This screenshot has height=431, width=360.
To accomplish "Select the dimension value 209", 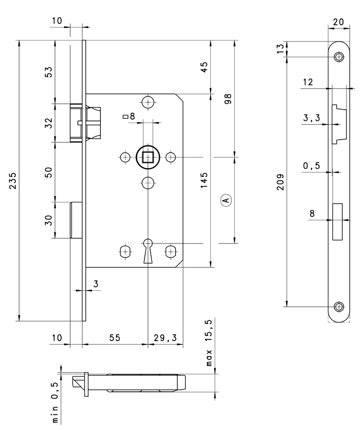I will coord(280,181).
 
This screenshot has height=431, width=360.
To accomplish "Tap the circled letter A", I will coord(225,199).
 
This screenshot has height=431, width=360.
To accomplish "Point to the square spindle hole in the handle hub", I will coord(148,156).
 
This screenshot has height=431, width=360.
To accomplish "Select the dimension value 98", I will coord(228,98).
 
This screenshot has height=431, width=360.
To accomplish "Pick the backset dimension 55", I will coord(115,338).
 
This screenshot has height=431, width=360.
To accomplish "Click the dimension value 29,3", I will coord(165,338).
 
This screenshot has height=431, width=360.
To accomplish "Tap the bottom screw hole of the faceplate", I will coord(339,306).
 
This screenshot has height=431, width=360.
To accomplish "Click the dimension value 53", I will coord(49,72).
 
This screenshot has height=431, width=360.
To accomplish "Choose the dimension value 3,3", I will coord(311,118).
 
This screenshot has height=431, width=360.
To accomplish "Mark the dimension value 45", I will coord(204,66).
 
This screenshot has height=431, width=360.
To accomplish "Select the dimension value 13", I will coord(280,49).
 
